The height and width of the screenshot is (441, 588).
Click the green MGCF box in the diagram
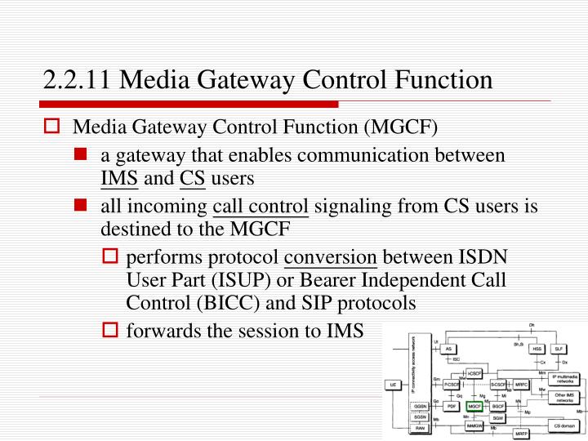[474, 406]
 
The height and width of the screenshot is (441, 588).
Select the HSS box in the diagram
[537, 349]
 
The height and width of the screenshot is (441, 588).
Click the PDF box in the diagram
[450, 406]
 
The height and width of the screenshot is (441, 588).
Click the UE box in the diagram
[394, 384]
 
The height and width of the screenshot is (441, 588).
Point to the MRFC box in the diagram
[520, 384]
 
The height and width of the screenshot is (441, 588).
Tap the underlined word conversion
[330, 259]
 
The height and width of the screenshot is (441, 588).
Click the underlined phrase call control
[261, 207]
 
